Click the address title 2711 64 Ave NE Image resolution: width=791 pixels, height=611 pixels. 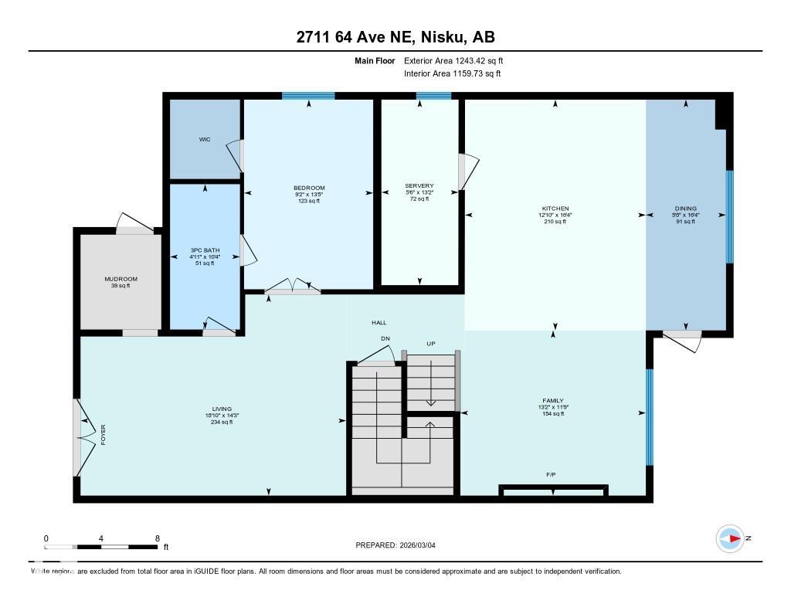(395, 36)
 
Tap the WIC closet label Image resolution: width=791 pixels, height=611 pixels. (204, 140)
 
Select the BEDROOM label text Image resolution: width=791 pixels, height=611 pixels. (309, 188)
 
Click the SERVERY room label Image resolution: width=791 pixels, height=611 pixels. (419, 186)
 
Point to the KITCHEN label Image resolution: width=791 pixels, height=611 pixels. (555, 209)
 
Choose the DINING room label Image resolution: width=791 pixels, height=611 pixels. (685, 209)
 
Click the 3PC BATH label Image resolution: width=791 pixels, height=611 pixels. (205, 249)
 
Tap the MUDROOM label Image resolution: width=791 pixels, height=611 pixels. (121, 279)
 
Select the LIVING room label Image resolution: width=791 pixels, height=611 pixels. (222, 409)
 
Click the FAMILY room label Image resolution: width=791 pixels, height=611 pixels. (553, 401)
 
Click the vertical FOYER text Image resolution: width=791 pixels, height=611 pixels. (103, 434)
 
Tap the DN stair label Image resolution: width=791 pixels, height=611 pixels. (385, 338)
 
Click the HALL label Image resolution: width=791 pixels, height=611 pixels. (379, 323)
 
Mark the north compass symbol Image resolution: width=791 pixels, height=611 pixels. (730, 538)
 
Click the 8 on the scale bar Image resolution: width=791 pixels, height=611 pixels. (158, 538)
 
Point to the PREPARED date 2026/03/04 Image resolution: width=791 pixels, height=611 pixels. (400, 545)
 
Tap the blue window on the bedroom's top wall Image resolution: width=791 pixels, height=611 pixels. (308, 96)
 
